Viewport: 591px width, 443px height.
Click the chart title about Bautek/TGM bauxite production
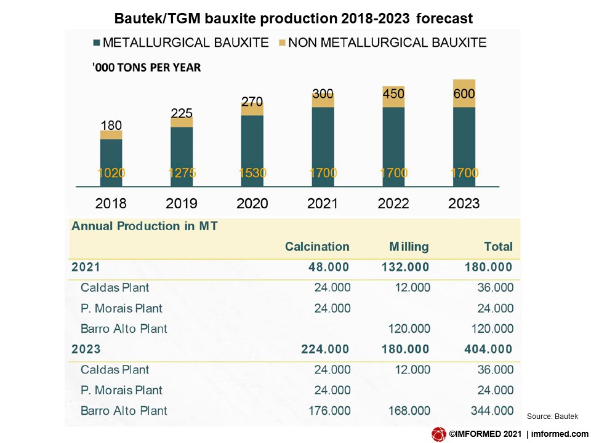pyautogui.click(x=294, y=18)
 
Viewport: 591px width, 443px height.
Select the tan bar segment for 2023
pyautogui.click(x=464, y=94)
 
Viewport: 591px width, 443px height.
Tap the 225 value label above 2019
pyautogui.click(x=182, y=113)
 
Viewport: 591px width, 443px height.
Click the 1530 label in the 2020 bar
pyautogui.click(x=252, y=173)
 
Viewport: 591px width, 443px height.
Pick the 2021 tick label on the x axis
pyautogui.click(x=323, y=203)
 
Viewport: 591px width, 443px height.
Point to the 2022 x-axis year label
pyautogui.click(x=393, y=203)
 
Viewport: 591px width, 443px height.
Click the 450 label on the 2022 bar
pyautogui.click(x=393, y=94)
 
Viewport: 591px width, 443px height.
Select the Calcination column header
pyautogui.click(x=316, y=247)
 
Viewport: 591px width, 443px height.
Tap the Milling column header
pyautogui.click(x=409, y=247)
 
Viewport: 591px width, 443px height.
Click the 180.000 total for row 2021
pyautogui.click(x=487, y=267)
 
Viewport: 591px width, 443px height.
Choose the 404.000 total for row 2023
pyautogui.click(x=487, y=349)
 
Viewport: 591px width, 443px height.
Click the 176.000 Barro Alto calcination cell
pyautogui.click(x=326, y=410)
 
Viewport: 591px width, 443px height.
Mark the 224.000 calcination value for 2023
pyautogui.click(x=324, y=349)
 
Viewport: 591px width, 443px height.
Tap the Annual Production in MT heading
pyautogui.click(x=145, y=226)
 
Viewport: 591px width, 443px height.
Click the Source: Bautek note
pyautogui.click(x=553, y=417)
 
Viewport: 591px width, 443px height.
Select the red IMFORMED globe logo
pyautogui.click(x=439, y=434)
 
